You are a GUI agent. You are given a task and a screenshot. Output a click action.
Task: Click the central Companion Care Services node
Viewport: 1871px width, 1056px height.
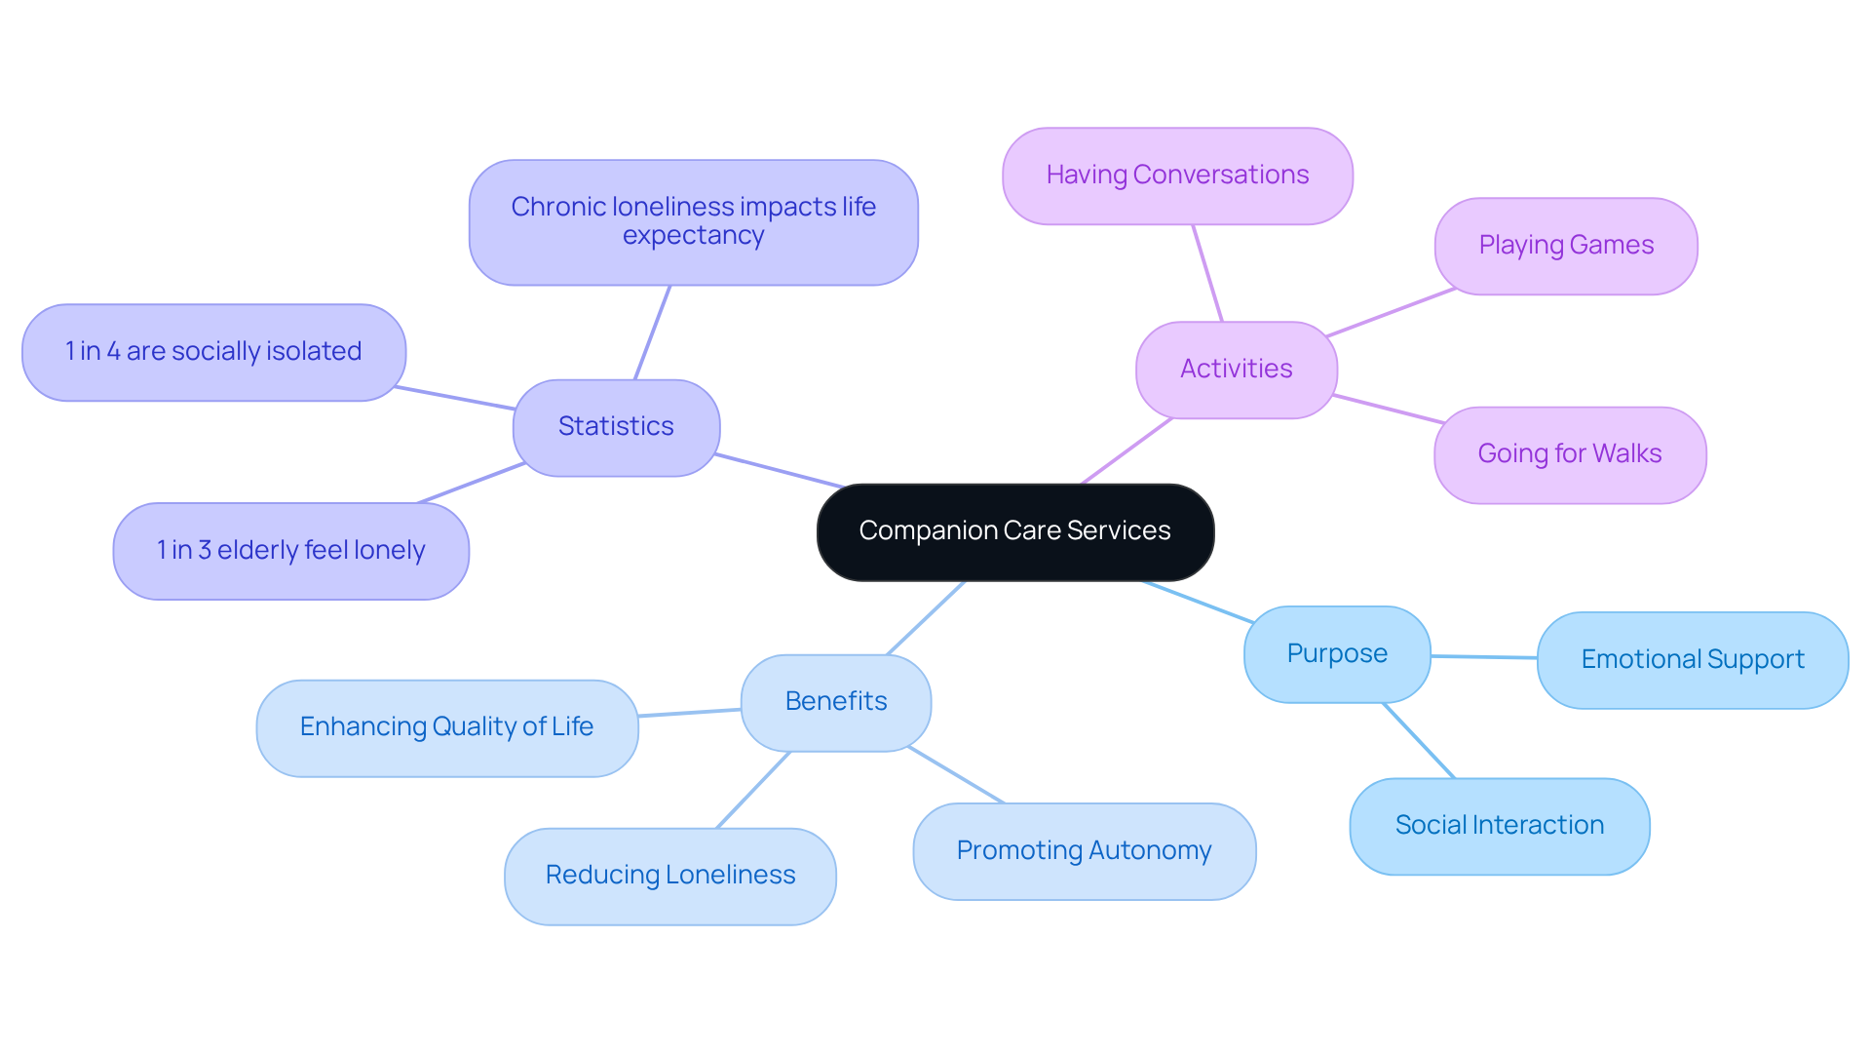coord(1014,531)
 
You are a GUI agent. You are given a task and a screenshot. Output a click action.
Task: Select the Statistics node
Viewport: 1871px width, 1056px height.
coord(616,427)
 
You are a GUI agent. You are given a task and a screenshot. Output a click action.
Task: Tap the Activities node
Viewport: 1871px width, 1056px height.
coord(1236,370)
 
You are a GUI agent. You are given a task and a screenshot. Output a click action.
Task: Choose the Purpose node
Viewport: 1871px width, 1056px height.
coord(1336,654)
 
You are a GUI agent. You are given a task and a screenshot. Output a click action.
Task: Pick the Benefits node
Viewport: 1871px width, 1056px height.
coord(835,702)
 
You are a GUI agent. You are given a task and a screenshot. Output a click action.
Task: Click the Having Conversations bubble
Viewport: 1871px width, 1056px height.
coord(1177,176)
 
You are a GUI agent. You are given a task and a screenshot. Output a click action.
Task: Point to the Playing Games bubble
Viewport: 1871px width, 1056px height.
coord(1565,246)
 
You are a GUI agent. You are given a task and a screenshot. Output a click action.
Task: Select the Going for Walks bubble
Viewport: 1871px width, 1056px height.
coord(1569,454)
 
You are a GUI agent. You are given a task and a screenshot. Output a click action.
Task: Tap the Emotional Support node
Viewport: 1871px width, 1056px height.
coord(1692,660)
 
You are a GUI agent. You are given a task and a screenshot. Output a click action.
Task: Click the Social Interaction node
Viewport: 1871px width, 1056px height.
coord(1499,826)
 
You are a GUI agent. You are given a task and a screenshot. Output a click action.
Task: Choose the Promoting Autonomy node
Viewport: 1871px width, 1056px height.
coord(1084,851)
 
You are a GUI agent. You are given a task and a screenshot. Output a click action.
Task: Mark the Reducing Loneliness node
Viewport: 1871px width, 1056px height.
coord(669,876)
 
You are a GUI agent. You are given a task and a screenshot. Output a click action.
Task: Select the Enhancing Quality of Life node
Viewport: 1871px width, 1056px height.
coord(446,727)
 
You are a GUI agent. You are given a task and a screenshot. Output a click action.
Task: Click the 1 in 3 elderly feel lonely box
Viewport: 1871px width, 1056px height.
coord(290,551)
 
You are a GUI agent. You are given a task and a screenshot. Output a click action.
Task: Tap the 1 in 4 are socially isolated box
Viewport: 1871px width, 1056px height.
coord(213,352)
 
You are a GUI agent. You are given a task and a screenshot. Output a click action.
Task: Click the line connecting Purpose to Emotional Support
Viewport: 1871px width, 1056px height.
coord(1483,657)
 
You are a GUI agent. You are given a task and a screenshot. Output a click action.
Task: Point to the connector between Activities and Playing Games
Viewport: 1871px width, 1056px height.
coord(1391,312)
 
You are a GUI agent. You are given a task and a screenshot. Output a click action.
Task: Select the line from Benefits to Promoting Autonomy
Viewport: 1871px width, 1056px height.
coord(955,775)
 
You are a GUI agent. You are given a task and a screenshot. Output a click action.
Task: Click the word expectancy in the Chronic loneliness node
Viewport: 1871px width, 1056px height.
coord(693,236)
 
